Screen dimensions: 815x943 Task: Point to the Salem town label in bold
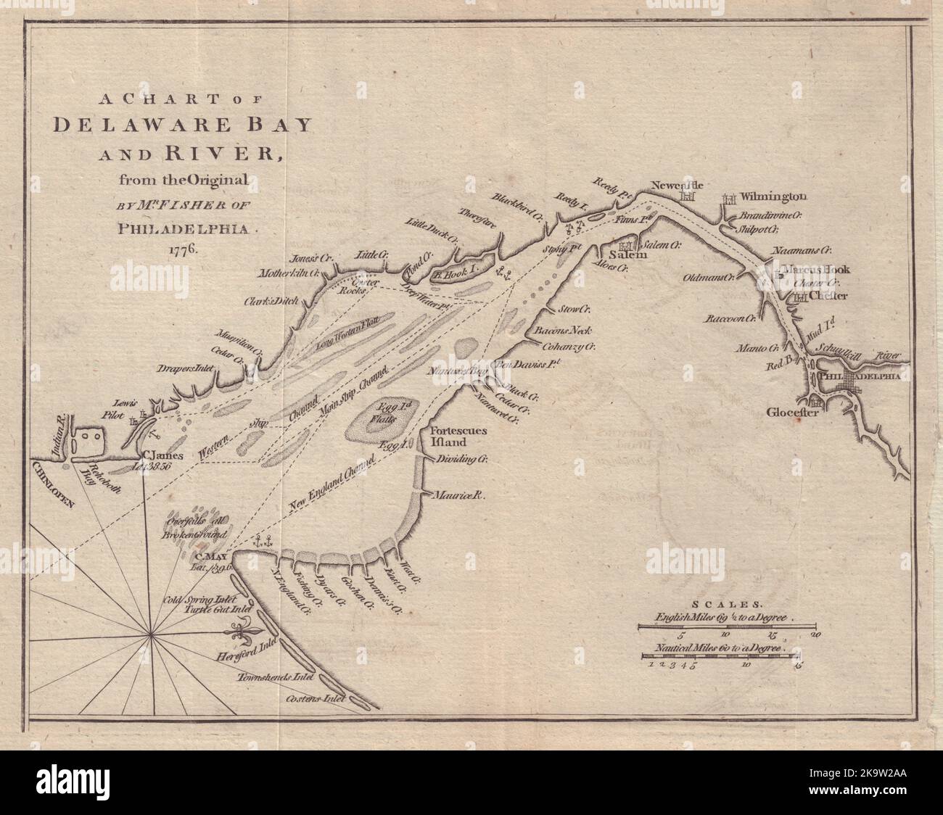tap(623, 255)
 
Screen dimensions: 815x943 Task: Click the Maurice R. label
tap(459, 495)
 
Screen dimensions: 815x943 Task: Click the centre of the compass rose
tap(151, 635)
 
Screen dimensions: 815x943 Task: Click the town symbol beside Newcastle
tap(688, 196)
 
